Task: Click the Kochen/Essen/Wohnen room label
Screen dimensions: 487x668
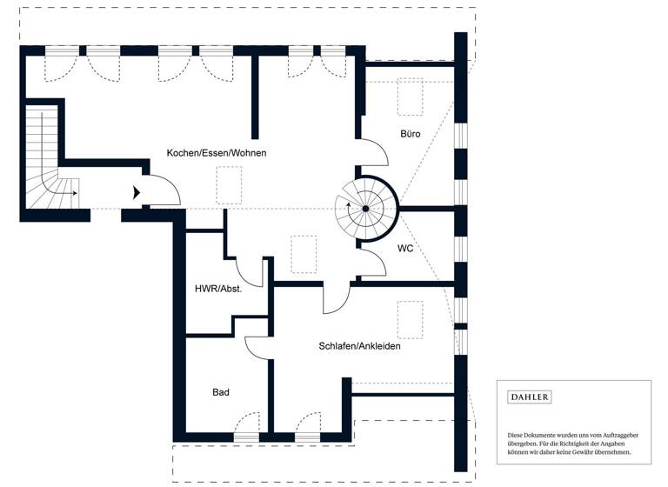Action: pos(217,153)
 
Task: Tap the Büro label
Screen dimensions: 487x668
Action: pos(411,134)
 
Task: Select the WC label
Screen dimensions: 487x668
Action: pos(405,248)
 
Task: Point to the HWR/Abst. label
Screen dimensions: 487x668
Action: pos(217,289)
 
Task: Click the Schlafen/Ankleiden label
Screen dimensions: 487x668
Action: pos(359,346)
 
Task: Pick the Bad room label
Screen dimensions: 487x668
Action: pos(221,392)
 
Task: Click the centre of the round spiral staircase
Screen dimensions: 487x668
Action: pos(366,209)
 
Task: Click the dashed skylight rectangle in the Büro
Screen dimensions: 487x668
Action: pos(409,96)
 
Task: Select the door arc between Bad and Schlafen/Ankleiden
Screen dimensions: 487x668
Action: pos(258,346)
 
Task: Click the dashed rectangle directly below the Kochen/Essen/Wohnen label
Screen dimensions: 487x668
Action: pos(229,184)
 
